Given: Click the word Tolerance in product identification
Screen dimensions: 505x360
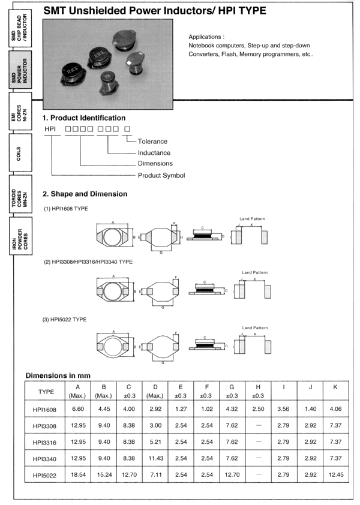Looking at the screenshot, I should coord(152,142).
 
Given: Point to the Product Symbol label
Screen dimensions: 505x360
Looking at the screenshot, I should coord(161,175).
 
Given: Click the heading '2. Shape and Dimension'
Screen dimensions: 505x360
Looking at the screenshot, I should coord(85,194).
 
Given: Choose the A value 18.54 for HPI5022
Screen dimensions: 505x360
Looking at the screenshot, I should coord(78,475).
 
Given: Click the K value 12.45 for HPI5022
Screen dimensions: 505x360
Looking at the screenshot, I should coord(335,475).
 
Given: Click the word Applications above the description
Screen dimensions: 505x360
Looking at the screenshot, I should coord(206,37).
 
